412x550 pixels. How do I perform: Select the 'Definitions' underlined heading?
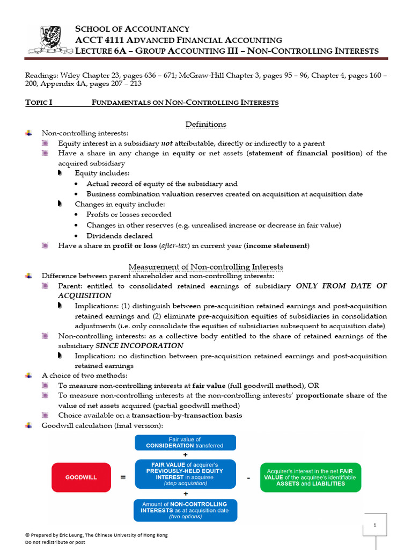coord(205,125)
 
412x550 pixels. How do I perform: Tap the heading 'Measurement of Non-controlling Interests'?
coord(206,267)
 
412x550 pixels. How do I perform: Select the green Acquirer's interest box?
coord(311,477)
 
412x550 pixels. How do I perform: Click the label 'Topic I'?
coord(39,103)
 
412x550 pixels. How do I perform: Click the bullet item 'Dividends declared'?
coord(119,236)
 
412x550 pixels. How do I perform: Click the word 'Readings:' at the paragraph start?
coord(41,76)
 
